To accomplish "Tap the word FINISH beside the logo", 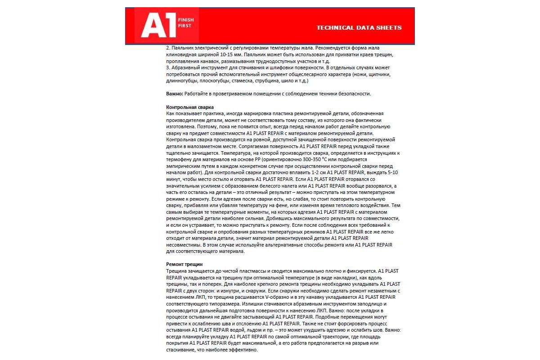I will (184, 21).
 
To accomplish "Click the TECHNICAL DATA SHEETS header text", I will (359, 27).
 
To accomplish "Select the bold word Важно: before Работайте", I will (175, 94).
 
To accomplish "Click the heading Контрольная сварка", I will (189, 107).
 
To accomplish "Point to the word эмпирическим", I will (184, 166).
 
